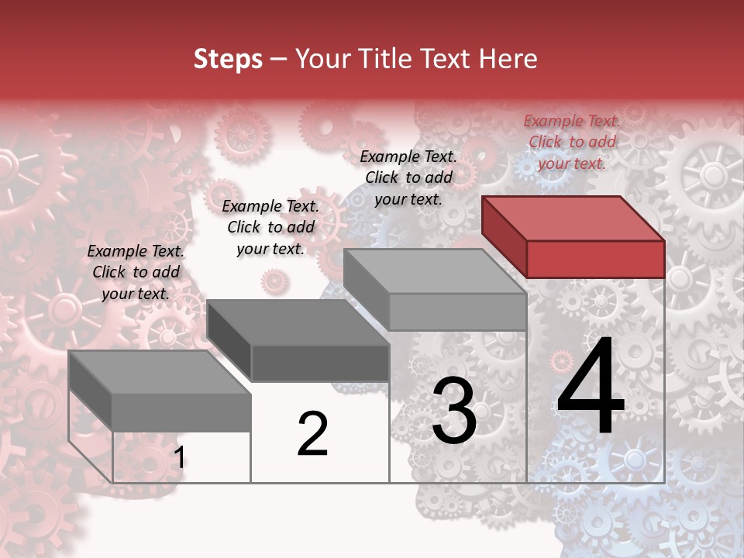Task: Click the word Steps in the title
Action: point(228,59)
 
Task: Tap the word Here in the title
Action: point(508,59)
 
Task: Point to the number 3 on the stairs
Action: point(454,411)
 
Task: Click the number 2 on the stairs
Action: point(312,434)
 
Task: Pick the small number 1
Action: point(179,458)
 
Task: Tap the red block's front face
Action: point(595,258)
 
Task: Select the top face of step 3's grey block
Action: point(434,271)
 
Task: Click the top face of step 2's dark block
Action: point(298,322)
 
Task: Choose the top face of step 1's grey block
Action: point(160,372)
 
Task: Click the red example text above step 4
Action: point(572,142)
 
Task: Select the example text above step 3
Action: point(408,177)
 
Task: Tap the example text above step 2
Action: point(270,227)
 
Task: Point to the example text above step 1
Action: point(136,272)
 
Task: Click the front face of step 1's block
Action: point(181,412)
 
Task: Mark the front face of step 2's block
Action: point(320,363)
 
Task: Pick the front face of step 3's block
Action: point(457,312)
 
